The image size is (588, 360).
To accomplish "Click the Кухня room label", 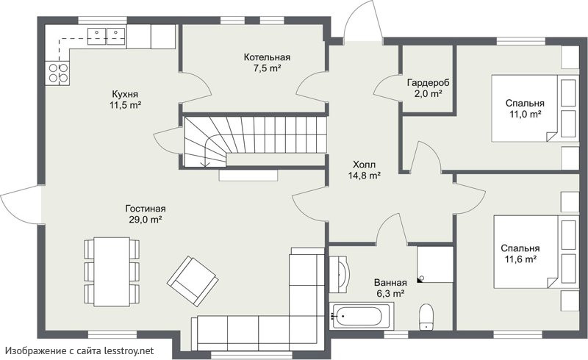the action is point(125,94).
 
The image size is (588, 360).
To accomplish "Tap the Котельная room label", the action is point(267,57).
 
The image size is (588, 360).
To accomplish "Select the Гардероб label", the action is point(428,82).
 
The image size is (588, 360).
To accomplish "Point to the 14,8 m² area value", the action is point(365,175).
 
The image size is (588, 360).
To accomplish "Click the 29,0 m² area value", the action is point(145,220).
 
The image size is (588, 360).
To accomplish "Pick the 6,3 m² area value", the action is point(390,294).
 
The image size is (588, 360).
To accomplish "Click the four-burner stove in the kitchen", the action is point(58,73).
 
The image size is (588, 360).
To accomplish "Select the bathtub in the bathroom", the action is point(362,316).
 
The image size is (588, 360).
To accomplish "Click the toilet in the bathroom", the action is point(426,317).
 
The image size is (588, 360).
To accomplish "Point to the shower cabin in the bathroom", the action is point(435,264).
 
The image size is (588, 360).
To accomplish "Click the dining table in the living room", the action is point(112,272).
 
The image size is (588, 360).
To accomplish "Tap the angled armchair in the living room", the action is point(193,281).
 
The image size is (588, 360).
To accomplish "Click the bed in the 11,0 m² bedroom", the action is point(534,109).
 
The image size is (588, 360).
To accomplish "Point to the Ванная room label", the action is point(390,283).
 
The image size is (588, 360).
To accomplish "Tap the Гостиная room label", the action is point(146,209).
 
